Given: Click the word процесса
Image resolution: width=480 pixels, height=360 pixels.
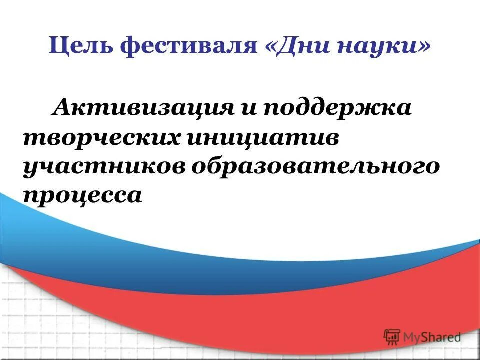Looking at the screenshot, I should pyautogui.click(x=82, y=194).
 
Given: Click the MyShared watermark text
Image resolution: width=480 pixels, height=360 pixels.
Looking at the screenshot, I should pyautogui.click(x=432, y=337).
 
